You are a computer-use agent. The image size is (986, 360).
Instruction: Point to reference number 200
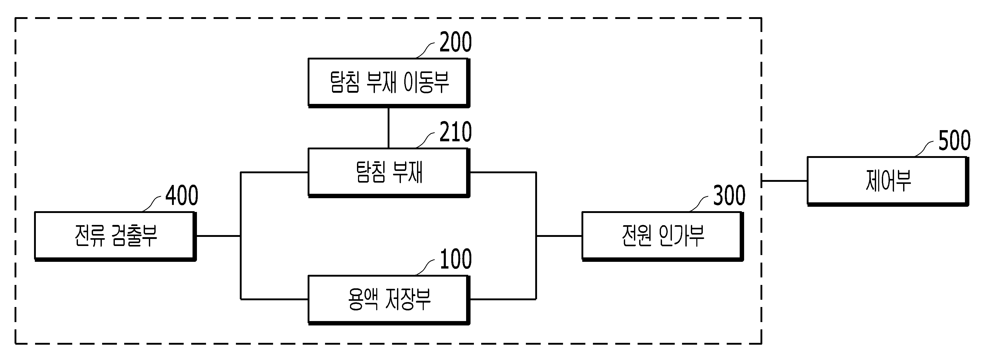click(x=455, y=42)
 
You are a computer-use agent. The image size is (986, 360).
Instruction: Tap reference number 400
click(x=182, y=196)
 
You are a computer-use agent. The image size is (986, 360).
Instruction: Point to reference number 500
click(x=955, y=141)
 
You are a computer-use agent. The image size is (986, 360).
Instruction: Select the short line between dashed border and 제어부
click(x=784, y=181)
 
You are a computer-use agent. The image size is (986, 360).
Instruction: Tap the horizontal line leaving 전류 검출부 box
click(x=218, y=236)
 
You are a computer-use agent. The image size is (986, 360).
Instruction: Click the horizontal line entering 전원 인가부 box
click(x=559, y=236)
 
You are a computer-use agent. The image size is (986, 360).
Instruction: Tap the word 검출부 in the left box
click(x=134, y=235)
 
